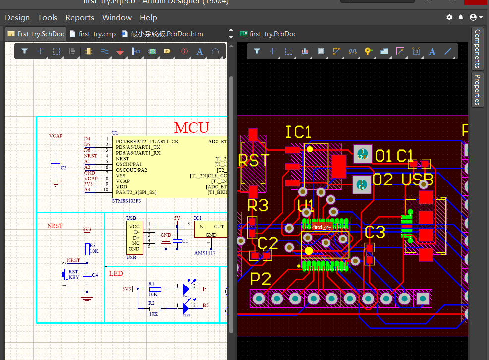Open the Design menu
pyautogui.click(x=17, y=17)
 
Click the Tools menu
pyautogui.click(x=48, y=17)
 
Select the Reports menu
pyautogui.click(x=79, y=17)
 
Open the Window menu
pyautogui.click(x=116, y=17)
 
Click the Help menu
pyautogui.click(x=148, y=17)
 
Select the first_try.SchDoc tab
pyautogui.click(x=36, y=34)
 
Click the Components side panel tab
pyautogui.click(x=477, y=49)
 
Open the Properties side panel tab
pyautogui.click(x=477, y=89)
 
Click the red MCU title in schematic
pyautogui.click(x=192, y=127)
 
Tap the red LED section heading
pyautogui.click(x=116, y=274)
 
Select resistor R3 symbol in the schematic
pyautogui.click(x=87, y=249)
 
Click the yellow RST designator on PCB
pyautogui.click(x=254, y=161)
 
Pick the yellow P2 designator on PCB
pyautogui.click(x=260, y=279)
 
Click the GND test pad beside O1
pyautogui.click(x=362, y=154)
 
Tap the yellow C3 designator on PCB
pyautogui.click(x=375, y=232)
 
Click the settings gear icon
pyautogui.click(x=449, y=17)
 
